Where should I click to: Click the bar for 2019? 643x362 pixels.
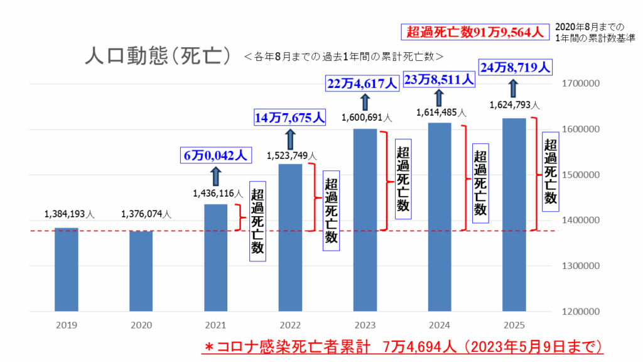[x=67, y=269]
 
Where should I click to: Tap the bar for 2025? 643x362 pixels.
[x=514, y=214]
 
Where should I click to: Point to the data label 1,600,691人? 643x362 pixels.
[x=366, y=117]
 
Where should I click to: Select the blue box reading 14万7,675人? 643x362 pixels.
[x=290, y=117]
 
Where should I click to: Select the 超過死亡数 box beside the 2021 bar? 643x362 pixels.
[x=257, y=221]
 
